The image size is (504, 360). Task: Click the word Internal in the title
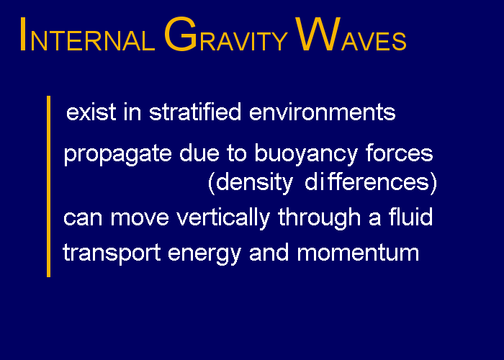87,35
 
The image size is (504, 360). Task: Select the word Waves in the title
351,35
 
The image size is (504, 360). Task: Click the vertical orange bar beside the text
48,186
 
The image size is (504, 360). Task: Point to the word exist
91,112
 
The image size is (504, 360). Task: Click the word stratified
195,112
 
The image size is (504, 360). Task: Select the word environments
323,112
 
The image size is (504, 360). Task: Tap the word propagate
117,154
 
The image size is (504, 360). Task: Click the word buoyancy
306,154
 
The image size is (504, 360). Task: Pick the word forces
400,153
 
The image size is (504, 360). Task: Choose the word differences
366,181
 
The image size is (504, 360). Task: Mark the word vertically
223,218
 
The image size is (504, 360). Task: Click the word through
319,218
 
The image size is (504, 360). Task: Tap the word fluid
411,216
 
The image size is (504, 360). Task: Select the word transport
112,253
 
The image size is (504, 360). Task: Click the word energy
204,254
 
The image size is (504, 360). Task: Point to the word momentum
358,253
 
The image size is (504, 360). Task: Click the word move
140,218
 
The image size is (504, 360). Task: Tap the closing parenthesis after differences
433,183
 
